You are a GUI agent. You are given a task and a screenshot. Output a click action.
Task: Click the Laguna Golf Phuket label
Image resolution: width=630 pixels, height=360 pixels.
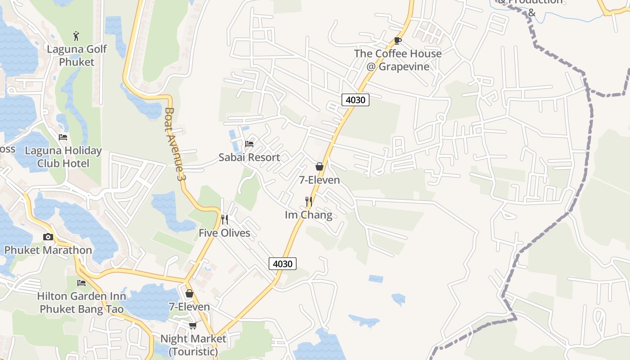pyautogui.click(x=77, y=55)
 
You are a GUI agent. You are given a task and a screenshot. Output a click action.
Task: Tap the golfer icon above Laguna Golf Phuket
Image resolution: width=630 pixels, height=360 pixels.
pyautogui.click(x=76, y=36)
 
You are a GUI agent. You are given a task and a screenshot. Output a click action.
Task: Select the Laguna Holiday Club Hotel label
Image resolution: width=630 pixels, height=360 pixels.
pyautogui.click(x=63, y=157)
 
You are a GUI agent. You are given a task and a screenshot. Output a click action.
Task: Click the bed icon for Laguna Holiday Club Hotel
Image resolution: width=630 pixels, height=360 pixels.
pyautogui.click(x=63, y=137)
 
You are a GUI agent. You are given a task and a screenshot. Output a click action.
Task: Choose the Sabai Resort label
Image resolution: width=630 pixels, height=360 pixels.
pyautogui.click(x=249, y=157)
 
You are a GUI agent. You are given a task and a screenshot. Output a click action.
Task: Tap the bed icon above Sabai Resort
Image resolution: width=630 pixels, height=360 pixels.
pyautogui.click(x=249, y=144)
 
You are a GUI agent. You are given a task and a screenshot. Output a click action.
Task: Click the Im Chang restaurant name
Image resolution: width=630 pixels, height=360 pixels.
pyautogui.click(x=309, y=215)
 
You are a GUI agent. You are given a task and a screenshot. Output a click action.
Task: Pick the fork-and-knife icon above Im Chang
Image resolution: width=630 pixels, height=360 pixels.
pyautogui.click(x=309, y=201)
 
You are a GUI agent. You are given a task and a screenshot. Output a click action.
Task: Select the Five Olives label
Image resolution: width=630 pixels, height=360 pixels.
pyautogui.click(x=225, y=233)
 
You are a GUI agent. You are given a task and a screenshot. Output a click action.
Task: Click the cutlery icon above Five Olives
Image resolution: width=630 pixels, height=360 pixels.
pyautogui.click(x=225, y=220)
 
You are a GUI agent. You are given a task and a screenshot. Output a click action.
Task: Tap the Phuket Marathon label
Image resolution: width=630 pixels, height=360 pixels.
pyautogui.click(x=48, y=250)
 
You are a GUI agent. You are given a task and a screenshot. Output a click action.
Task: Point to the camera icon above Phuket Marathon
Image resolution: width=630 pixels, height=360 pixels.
pyautogui.click(x=48, y=237)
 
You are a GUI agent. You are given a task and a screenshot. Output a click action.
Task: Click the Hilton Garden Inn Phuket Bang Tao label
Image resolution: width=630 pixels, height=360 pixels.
pyautogui.click(x=81, y=302)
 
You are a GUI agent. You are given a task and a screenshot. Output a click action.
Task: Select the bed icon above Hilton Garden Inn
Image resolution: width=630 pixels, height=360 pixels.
pyautogui.click(x=81, y=283)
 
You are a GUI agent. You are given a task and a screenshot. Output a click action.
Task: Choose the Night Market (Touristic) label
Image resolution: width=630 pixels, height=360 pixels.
pyautogui.click(x=193, y=345)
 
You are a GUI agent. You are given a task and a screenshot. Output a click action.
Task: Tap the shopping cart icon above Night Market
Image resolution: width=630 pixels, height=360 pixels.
pyautogui.click(x=193, y=325)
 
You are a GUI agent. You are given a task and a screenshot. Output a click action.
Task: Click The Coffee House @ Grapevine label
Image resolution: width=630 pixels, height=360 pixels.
pyautogui.click(x=398, y=60)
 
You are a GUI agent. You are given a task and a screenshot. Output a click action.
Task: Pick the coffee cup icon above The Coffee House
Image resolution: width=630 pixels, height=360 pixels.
pyautogui.click(x=398, y=41)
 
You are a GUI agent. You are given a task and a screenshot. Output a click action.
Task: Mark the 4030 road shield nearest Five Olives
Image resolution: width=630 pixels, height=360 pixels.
pyautogui.click(x=283, y=264)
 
